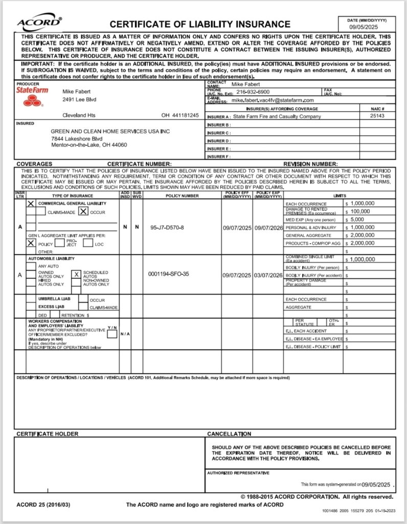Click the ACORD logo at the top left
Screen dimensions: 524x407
[x=40, y=23]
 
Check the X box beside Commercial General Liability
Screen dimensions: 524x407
[x=31, y=203]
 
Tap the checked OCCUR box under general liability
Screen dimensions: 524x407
[x=83, y=211]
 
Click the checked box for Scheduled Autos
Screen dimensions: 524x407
[x=76, y=274]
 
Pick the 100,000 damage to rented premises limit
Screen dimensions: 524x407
[x=360, y=211]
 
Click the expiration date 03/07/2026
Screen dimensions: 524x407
[x=268, y=275]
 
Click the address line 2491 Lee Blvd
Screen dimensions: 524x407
[x=79, y=99]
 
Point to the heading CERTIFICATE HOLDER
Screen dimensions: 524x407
[x=48, y=434]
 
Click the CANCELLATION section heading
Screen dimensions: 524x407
[x=229, y=434]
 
